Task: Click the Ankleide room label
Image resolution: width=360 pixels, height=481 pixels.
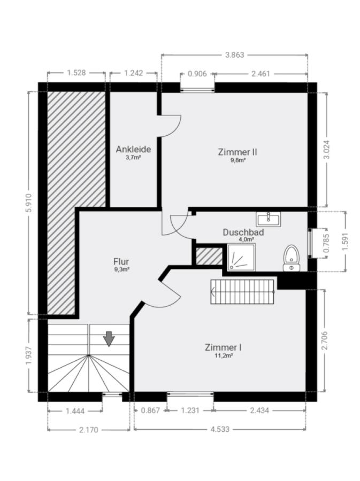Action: [134, 150]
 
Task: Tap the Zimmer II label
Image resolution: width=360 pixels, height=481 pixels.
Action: [238, 152]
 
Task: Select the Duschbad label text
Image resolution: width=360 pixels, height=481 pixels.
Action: [243, 232]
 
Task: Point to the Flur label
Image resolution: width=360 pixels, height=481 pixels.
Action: [121, 262]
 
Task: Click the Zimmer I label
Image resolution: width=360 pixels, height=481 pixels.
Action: [223, 347]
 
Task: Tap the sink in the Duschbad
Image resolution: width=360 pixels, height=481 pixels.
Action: [269, 219]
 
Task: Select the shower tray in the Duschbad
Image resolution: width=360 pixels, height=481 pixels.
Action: [241, 258]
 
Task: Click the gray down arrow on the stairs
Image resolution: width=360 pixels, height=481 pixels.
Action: [109, 339]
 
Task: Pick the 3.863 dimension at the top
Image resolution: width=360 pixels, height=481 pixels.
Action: [234, 55]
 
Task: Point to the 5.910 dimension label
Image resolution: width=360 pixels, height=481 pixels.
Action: [28, 203]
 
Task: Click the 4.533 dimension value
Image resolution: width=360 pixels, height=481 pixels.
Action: [220, 429]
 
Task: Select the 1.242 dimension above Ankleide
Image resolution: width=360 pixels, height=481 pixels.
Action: [134, 73]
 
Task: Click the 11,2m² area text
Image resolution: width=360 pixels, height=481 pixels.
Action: [223, 355]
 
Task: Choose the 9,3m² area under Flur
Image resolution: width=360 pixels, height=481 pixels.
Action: [121, 269]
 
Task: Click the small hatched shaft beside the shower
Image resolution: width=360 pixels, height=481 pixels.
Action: [209, 256]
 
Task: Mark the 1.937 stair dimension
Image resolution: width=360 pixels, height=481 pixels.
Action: [28, 355]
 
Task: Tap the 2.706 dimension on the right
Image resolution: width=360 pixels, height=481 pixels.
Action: [325, 340]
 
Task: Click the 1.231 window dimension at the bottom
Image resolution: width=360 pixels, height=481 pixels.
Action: [190, 410]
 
